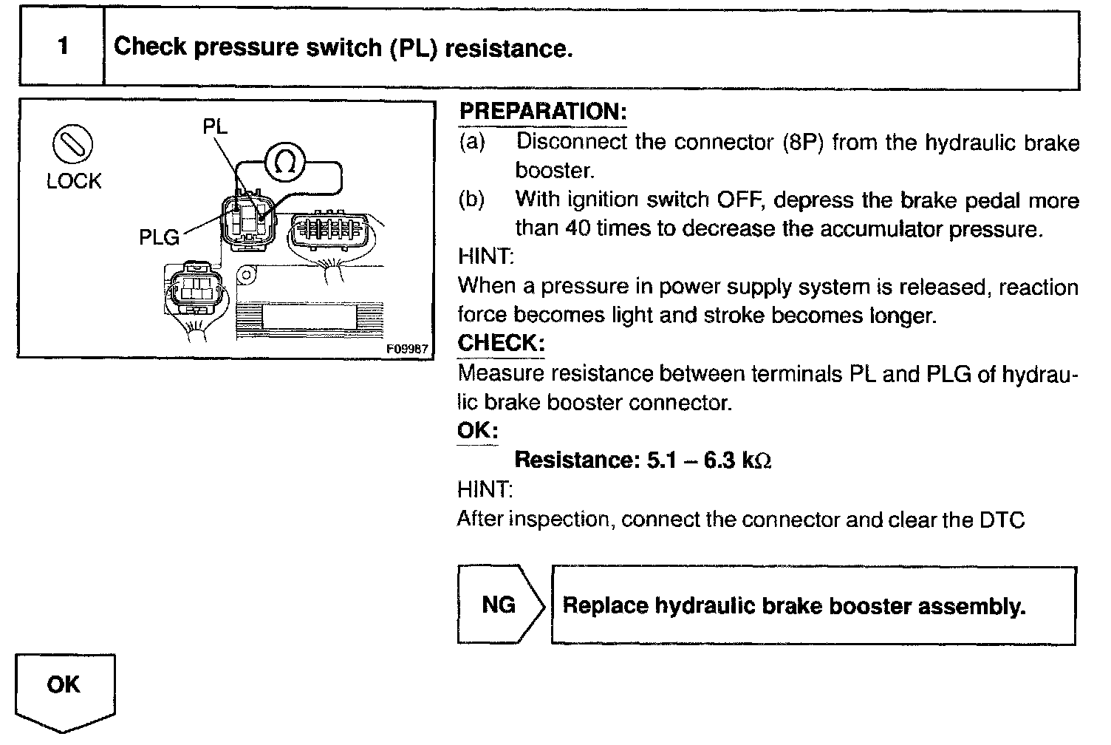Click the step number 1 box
click(x=62, y=47)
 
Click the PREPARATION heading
click(x=542, y=112)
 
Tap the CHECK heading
click(x=501, y=344)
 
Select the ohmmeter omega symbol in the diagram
click(x=284, y=163)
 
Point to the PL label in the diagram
click(x=215, y=127)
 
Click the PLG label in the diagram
click(x=159, y=237)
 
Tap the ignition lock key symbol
click(x=72, y=143)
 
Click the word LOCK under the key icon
click(x=73, y=181)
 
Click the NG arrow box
click(x=500, y=605)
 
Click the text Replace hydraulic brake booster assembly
click(x=794, y=607)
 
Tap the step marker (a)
click(x=473, y=141)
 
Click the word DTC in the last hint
click(x=1002, y=520)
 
